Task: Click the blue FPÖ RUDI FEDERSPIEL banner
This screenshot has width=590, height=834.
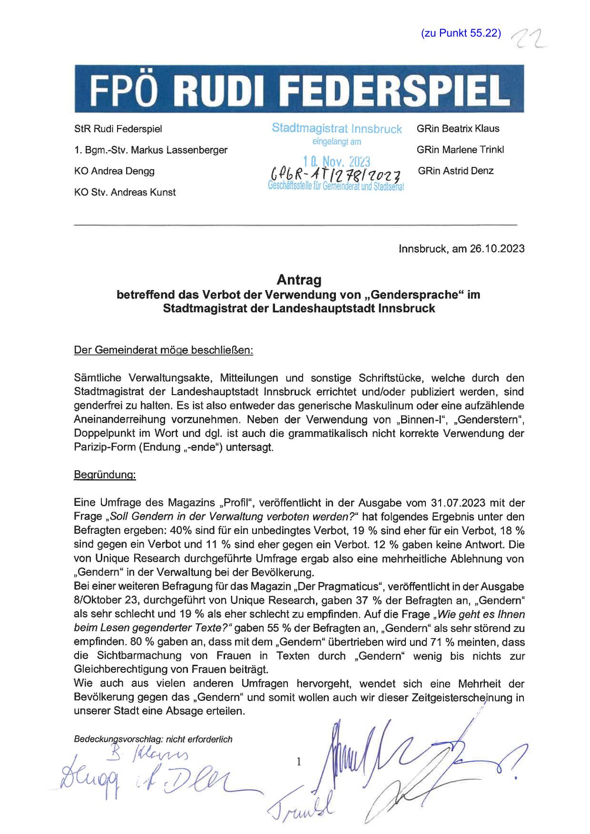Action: [x=299, y=89]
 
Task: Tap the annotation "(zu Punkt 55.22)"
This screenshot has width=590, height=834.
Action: [x=461, y=33]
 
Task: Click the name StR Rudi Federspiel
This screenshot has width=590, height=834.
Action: [x=118, y=129]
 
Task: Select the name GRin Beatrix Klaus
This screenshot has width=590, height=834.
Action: [x=458, y=128]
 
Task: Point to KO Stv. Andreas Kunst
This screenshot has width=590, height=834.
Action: [x=125, y=193]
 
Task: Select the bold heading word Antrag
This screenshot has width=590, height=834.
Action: [x=299, y=280]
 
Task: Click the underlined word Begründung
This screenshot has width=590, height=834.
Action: [x=105, y=475]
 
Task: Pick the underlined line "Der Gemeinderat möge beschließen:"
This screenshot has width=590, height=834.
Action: [x=164, y=351]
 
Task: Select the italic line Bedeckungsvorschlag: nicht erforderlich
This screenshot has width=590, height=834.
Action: [x=153, y=739]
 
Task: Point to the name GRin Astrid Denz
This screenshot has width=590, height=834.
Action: [x=455, y=171]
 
